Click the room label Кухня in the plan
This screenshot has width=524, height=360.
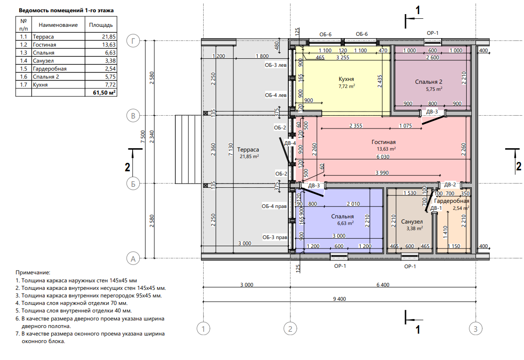click(346, 79)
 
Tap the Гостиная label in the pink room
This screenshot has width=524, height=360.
click(383, 142)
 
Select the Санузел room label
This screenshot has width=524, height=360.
click(412, 222)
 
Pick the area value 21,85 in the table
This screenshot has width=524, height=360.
click(108, 37)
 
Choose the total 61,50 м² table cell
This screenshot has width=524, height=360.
click(104, 93)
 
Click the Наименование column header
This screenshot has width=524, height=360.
click(58, 24)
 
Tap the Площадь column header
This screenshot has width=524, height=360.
click(100, 24)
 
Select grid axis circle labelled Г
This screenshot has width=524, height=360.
click(134, 41)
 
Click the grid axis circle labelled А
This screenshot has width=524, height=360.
click(134, 258)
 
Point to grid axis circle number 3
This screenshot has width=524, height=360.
click(476, 328)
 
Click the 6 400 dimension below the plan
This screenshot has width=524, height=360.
click(383, 284)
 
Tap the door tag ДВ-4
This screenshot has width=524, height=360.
click(290, 143)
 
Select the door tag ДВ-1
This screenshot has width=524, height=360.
click(435, 208)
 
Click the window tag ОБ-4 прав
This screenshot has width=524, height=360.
click(275, 206)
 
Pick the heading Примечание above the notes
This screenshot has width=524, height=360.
click(32, 272)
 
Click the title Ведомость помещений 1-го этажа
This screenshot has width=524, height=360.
click(66, 9)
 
